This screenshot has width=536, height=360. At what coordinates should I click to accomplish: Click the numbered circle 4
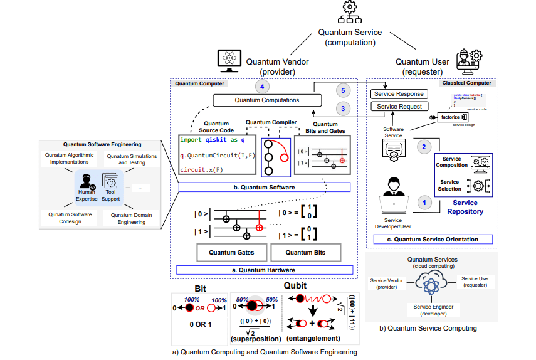[x=263, y=86]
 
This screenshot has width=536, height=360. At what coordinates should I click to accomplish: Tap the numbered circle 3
[x=341, y=108]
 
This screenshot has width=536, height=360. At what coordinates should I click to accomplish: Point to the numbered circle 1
[x=424, y=202]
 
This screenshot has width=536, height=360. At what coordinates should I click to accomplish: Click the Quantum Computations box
[x=267, y=100]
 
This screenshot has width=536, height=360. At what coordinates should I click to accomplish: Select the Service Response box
[x=398, y=94]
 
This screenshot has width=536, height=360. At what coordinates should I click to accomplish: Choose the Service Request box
[x=398, y=107]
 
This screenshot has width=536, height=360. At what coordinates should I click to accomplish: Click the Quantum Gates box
[x=233, y=252]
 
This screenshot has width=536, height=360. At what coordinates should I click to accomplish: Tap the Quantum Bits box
[x=307, y=252]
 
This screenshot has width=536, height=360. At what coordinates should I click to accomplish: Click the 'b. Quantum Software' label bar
[x=264, y=187]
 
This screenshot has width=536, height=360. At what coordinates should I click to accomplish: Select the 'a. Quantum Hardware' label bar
[x=264, y=270]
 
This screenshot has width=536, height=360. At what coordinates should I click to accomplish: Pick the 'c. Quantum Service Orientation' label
[x=433, y=239]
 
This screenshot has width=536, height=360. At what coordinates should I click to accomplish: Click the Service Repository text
[x=465, y=208]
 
